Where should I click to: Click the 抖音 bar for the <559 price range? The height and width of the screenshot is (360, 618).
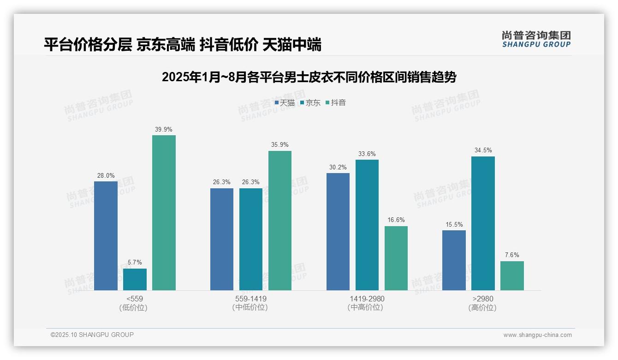164,213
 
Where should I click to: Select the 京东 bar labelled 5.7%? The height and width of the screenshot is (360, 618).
135,280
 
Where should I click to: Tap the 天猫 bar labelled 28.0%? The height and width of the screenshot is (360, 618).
106,236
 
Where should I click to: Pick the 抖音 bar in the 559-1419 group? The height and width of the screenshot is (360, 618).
280,221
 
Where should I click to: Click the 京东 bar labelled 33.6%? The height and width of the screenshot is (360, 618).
367,225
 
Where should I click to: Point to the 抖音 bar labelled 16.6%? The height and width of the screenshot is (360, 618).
396,258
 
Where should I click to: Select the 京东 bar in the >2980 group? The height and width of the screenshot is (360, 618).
483,223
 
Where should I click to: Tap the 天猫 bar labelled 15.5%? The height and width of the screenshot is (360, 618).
454,260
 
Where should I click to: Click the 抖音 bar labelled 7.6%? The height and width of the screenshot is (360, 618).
512,276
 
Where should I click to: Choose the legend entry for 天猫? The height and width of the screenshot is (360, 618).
285,102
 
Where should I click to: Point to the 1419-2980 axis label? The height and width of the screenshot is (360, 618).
367,299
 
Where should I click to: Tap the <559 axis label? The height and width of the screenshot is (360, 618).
135,299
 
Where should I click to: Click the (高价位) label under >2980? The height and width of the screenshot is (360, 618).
483,307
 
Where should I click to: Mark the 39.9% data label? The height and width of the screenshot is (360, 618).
164,129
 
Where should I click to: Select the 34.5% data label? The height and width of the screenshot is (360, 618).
483,150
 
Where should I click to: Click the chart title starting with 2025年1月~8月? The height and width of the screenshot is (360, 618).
309,78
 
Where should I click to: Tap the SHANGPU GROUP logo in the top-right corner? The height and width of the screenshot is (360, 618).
536,39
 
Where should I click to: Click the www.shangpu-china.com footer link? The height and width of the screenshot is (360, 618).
537,335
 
